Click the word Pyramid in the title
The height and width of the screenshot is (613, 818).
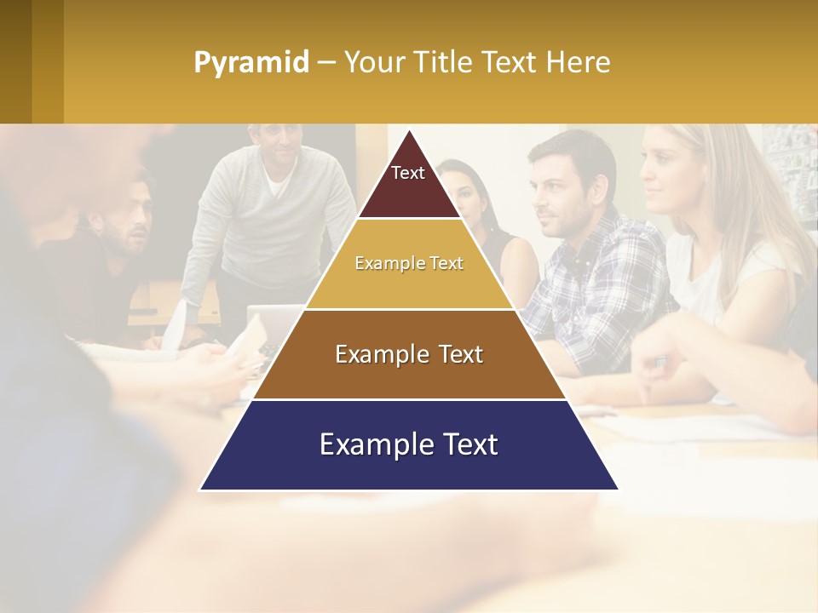pyautogui.click(x=251, y=63)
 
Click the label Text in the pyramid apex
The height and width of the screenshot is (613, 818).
pyautogui.click(x=408, y=173)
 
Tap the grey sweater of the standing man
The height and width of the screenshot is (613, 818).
pyautogui.click(x=230, y=221)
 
